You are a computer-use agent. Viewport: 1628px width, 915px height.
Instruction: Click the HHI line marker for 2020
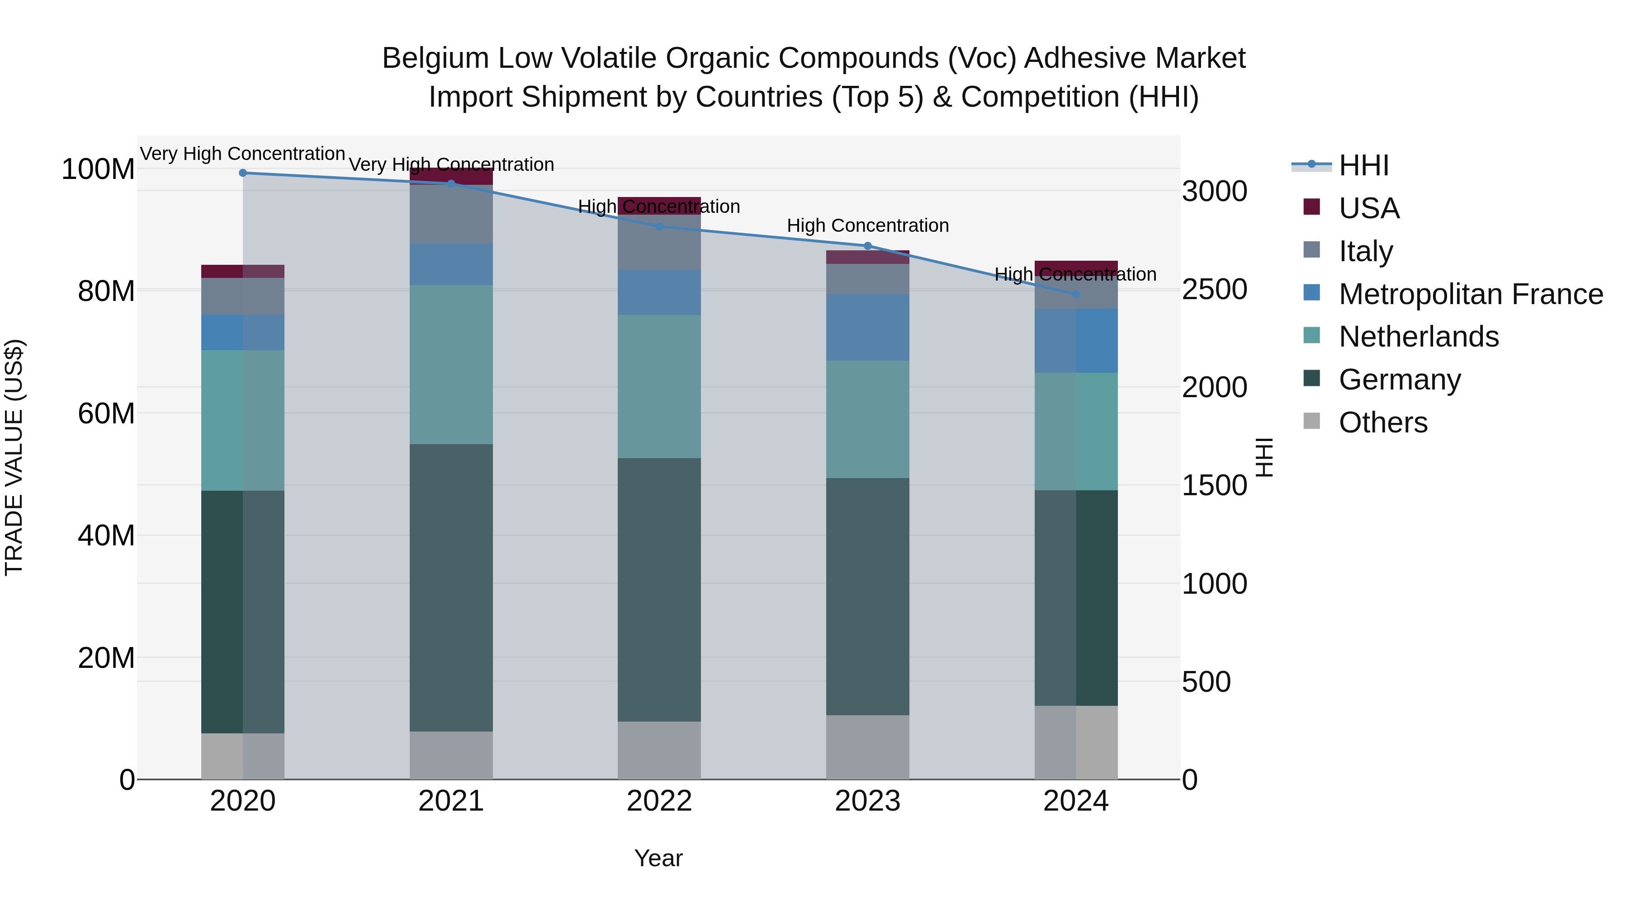243,173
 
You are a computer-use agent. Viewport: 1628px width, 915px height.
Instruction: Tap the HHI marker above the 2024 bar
1076,294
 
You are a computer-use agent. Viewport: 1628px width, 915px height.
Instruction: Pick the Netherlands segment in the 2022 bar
659,386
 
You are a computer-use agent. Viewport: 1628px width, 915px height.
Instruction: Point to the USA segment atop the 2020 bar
243,271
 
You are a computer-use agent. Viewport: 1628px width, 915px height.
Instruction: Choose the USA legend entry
1369,208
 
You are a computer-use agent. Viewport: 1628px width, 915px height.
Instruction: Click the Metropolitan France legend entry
1471,294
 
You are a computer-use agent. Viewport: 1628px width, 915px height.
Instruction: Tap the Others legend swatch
1312,421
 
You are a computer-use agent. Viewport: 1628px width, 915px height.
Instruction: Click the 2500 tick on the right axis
1214,290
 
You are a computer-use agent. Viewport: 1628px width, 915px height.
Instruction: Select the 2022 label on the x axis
659,801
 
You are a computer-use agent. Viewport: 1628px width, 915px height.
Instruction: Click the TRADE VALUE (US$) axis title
14,457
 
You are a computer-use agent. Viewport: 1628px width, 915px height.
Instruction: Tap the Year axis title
658,858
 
